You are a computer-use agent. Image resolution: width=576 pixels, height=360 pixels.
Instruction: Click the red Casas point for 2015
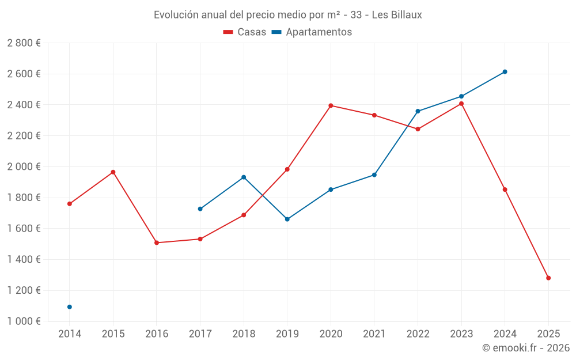pyautogui.click(x=113, y=172)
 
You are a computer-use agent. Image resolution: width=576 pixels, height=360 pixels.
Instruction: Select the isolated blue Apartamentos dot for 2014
pyautogui.click(x=70, y=307)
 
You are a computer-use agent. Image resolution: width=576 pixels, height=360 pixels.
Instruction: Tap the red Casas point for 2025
pyautogui.click(x=548, y=278)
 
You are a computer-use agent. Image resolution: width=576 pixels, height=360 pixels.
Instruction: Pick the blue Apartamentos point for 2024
pyautogui.click(x=505, y=72)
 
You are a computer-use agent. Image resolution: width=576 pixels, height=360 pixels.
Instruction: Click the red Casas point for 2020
pyautogui.click(x=331, y=105)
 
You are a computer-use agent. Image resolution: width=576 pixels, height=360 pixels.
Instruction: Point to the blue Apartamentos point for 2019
pyautogui.click(x=287, y=219)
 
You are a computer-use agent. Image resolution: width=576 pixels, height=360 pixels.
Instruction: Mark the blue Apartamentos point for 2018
pyautogui.click(x=244, y=177)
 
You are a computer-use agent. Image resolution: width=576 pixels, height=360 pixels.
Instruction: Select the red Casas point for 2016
pyautogui.click(x=157, y=242)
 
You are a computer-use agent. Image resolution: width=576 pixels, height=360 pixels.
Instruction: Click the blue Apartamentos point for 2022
pyautogui.click(x=418, y=111)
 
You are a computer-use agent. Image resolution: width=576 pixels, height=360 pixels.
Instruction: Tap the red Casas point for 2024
pyautogui.click(x=505, y=190)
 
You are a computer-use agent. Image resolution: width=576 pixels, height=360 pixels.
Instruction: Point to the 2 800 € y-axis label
pyautogui.click(x=24, y=43)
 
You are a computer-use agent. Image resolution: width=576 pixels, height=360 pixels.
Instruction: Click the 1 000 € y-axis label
pyautogui.click(x=24, y=321)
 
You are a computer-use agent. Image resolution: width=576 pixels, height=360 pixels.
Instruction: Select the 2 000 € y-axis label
pyautogui.click(x=24, y=166)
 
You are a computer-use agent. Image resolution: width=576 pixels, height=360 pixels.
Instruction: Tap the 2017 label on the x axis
pyautogui.click(x=200, y=334)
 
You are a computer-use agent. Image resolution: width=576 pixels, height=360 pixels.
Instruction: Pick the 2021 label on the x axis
pyautogui.click(x=374, y=334)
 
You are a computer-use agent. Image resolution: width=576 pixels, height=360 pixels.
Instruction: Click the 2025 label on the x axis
pyautogui.click(x=548, y=334)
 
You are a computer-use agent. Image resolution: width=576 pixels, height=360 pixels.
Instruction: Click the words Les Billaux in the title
pyautogui.click(x=397, y=15)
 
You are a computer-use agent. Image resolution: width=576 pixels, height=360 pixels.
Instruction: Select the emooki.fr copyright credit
pyautogui.click(x=526, y=348)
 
